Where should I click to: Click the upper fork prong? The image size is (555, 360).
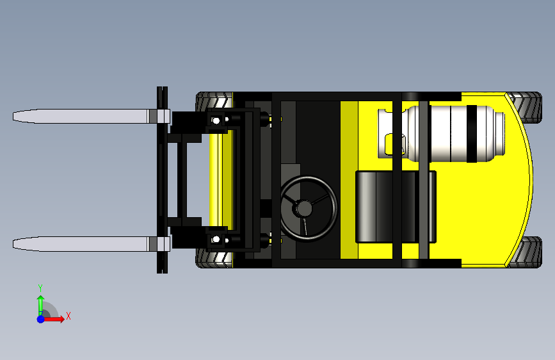coord(92,116)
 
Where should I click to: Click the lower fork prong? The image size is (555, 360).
coord(92,244)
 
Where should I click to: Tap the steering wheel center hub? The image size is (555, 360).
coord(304,208)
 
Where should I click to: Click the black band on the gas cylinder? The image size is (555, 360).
coord(472,134)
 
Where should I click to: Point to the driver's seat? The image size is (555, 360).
coord(396,207)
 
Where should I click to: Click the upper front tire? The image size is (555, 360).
coord(214,102)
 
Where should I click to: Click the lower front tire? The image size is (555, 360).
coord(214,258)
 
